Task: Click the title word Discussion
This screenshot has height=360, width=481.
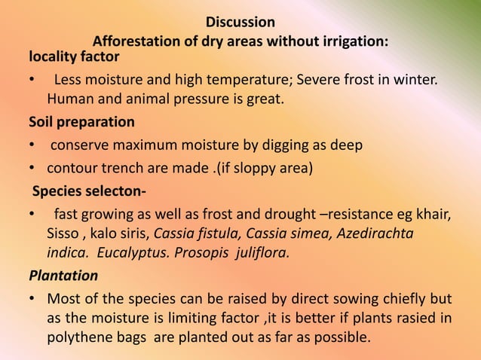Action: point(240,21)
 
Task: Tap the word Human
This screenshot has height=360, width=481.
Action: point(69,99)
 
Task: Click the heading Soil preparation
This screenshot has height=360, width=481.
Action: point(81,121)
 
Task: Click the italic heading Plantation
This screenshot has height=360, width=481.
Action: point(63,275)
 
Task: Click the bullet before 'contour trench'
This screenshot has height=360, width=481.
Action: point(32,167)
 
